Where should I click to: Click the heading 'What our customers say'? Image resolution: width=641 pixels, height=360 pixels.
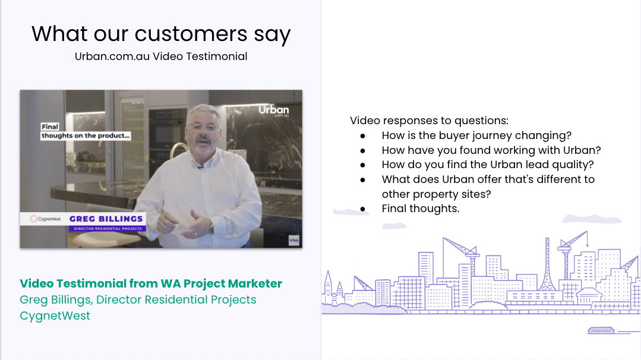tap(160, 34)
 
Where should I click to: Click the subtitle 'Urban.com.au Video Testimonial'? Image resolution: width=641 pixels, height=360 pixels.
tap(160, 56)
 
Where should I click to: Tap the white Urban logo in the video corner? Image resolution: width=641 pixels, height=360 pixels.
tap(274, 112)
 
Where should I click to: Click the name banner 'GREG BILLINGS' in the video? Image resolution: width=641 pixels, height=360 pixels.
tap(107, 219)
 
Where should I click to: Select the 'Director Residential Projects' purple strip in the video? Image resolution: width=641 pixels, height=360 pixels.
tap(107, 229)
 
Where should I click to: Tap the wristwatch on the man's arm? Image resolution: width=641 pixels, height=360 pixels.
tap(211, 227)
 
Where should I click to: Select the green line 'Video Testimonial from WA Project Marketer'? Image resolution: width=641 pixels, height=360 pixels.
tap(151, 283)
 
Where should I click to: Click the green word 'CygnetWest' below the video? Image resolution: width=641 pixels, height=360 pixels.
tap(55, 315)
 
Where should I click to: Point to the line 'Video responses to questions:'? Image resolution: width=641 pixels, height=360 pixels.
tap(429, 121)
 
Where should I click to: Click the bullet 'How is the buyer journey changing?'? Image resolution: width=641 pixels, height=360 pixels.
tap(476, 135)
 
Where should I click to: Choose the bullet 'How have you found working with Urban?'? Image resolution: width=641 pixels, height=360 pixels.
tap(491, 150)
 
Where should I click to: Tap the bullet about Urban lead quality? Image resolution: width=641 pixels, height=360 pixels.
tap(488, 165)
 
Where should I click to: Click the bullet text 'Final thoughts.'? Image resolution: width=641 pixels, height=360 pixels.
tap(421, 209)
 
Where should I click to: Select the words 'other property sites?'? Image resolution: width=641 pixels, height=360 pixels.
tap(437, 194)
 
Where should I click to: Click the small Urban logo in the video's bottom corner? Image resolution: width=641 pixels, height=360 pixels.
tap(293, 240)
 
